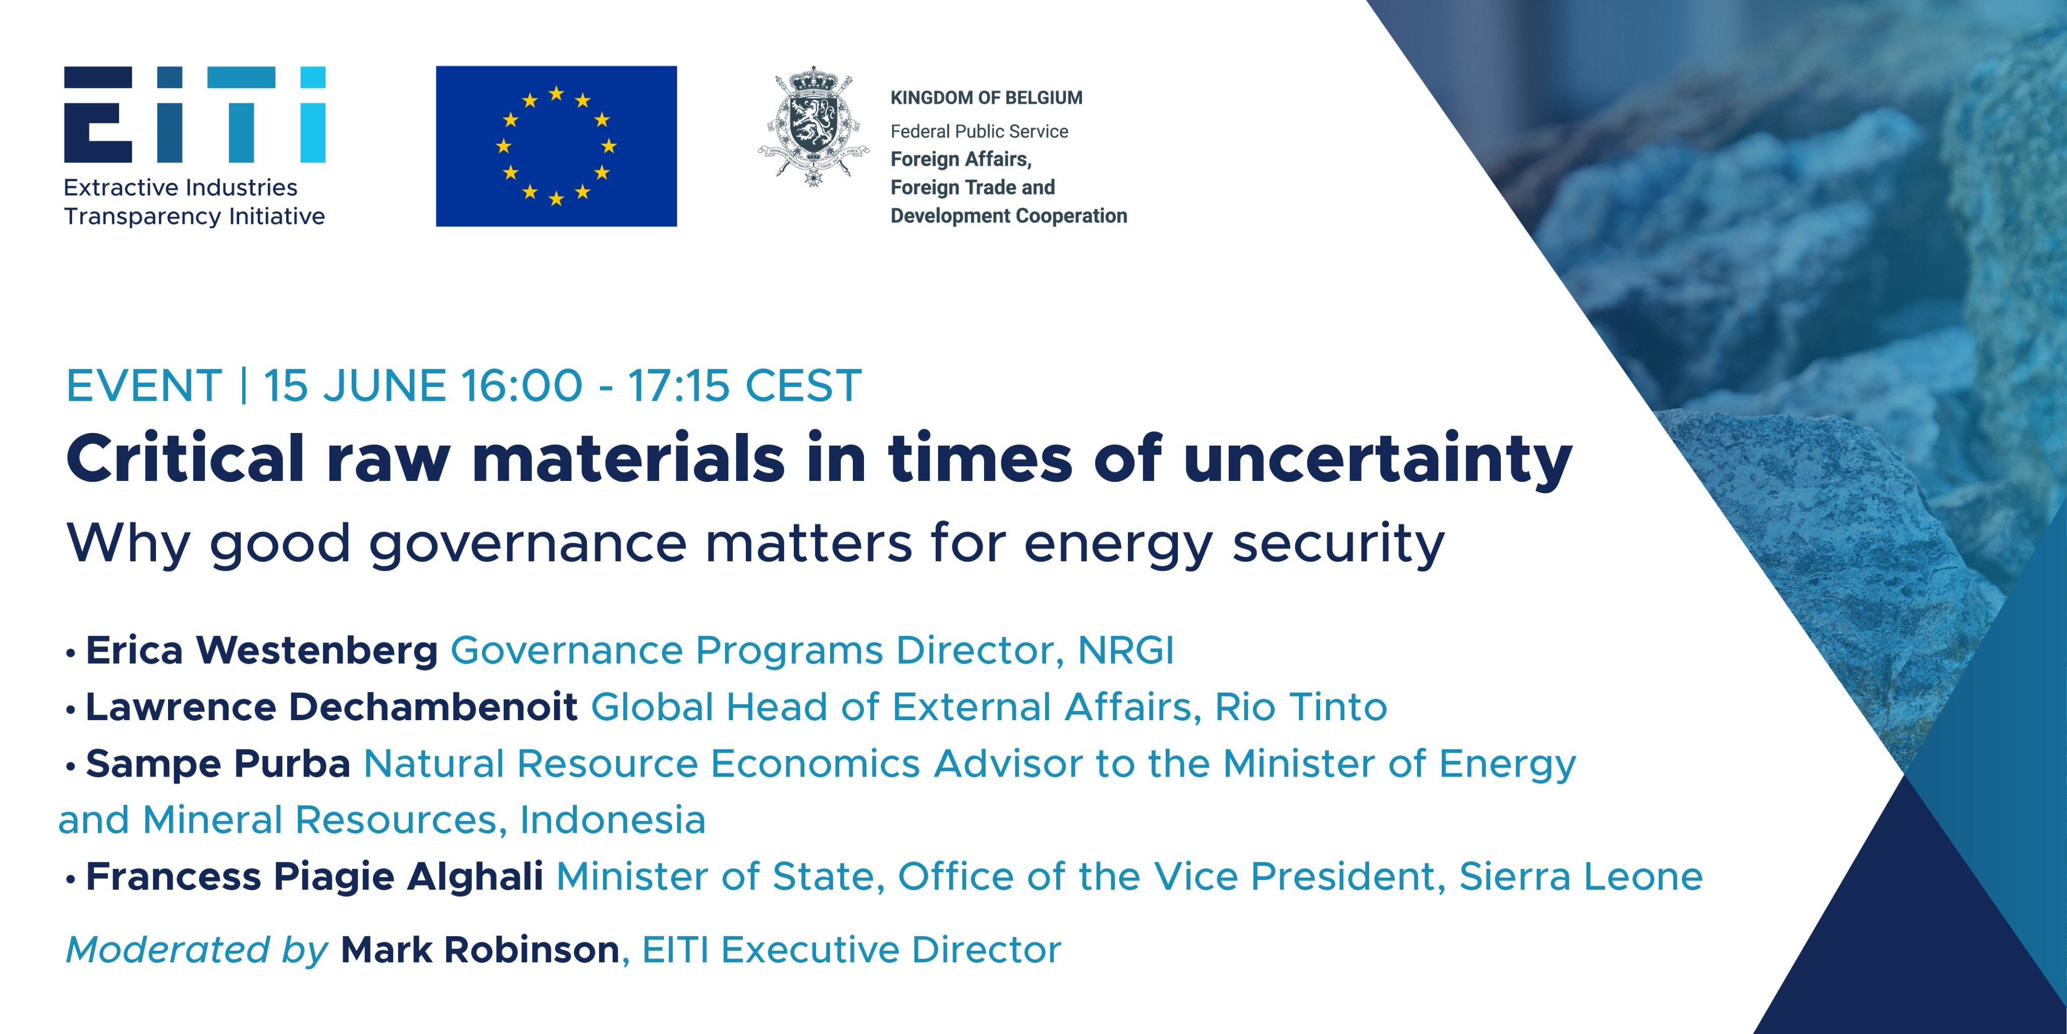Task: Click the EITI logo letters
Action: [195, 115]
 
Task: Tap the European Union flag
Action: [556, 146]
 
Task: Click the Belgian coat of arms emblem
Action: [813, 126]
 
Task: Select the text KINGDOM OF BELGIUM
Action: [986, 98]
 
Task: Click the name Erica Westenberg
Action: [261, 650]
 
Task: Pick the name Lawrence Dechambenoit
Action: [332, 706]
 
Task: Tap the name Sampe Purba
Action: [218, 764]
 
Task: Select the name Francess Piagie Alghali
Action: [314, 876]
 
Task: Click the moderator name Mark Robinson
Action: [480, 950]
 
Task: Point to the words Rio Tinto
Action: [1300, 706]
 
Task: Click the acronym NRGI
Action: [1126, 650]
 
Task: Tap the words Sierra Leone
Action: [1581, 876]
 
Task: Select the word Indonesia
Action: [613, 820]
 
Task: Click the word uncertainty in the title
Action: [1377, 459]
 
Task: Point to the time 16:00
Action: [522, 386]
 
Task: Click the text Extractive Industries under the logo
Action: [181, 188]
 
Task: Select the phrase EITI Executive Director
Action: [851, 950]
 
